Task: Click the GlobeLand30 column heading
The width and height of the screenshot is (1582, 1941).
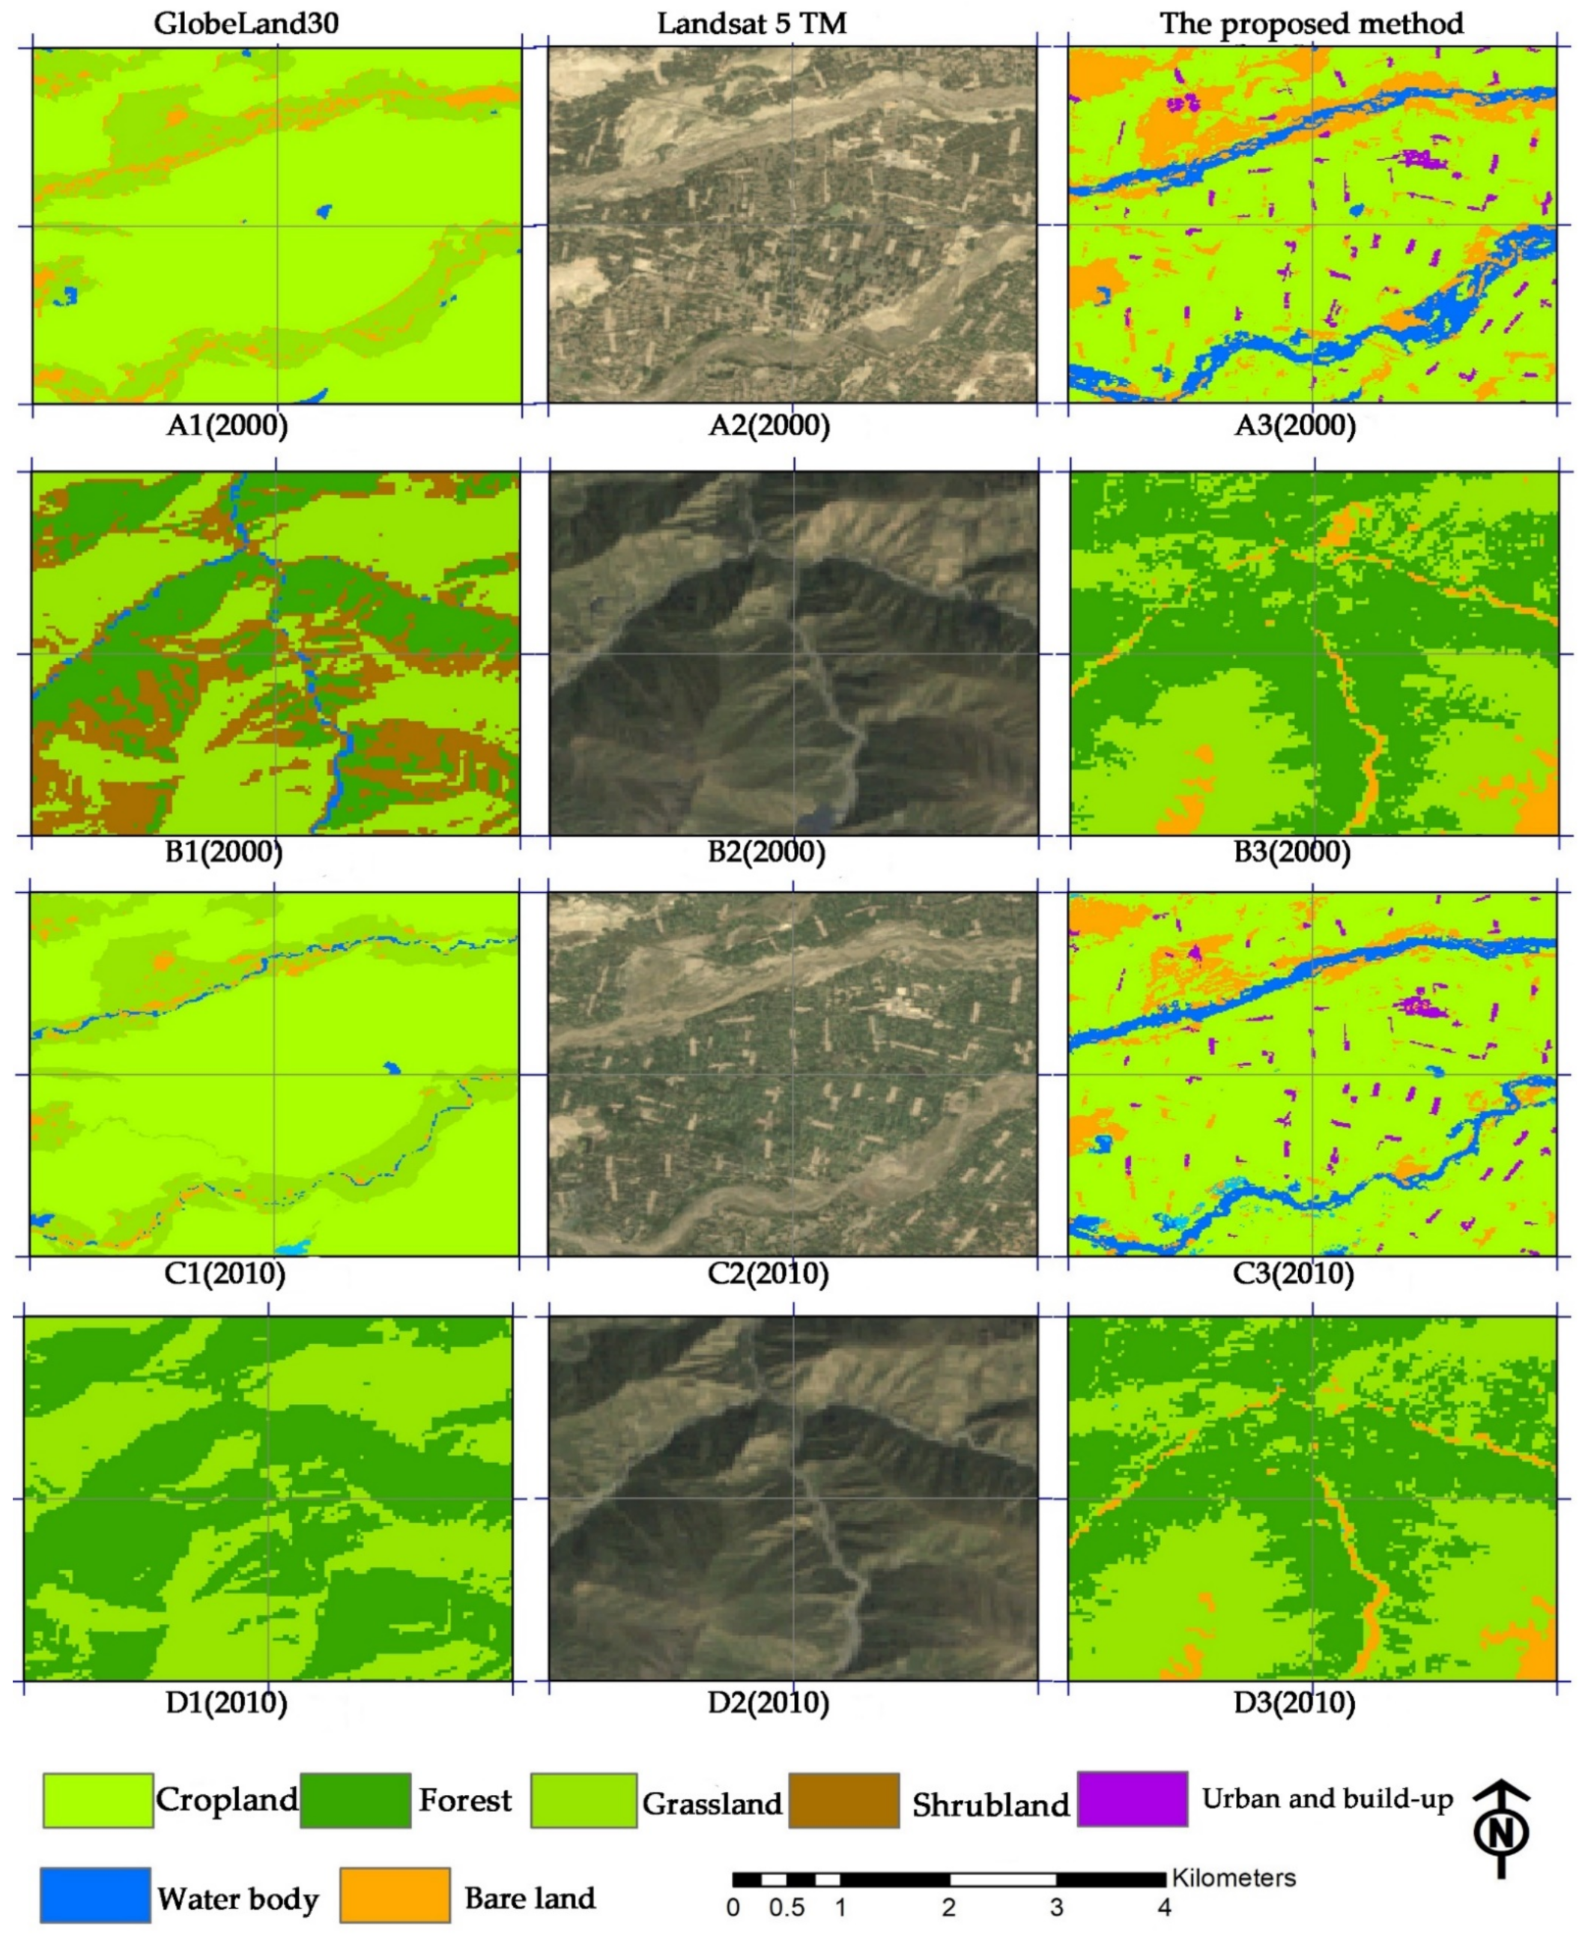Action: click(x=246, y=22)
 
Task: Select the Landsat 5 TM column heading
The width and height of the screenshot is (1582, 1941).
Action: click(x=752, y=22)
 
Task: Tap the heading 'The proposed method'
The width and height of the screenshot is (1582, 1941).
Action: click(x=1312, y=22)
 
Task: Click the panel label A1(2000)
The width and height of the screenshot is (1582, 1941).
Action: click(x=227, y=426)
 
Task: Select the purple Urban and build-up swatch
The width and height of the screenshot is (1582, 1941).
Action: click(x=1132, y=1799)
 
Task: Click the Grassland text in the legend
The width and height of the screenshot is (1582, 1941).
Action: click(x=712, y=1803)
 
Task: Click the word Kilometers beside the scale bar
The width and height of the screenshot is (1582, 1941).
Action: click(x=1233, y=1878)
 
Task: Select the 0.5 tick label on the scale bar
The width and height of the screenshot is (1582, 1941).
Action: click(x=787, y=1908)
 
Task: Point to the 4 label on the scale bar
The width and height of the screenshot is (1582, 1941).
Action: click(x=1164, y=1908)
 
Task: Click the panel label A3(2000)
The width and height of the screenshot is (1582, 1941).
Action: click(x=1295, y=426)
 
